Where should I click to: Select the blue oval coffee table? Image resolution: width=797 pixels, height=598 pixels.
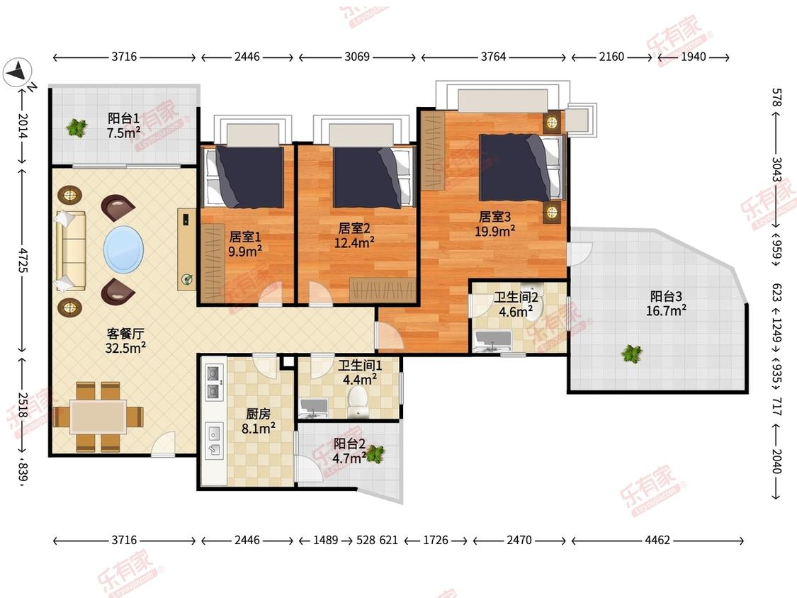(123, 249)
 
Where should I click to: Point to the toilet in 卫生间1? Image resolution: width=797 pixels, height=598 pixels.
(358, 399)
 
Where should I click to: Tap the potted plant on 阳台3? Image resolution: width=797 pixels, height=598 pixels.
(631, 353)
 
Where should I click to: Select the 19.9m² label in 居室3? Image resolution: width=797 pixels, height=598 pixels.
(495, 232)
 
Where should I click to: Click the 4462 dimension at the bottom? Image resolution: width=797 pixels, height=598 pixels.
(657, 540)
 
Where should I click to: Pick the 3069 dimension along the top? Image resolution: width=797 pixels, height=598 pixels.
(357, 57)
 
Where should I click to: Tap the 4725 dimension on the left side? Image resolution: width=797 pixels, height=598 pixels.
(23, 259)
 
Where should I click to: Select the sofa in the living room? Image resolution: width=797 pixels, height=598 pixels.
(71, 250)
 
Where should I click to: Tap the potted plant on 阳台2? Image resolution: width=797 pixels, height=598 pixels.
(375, 453)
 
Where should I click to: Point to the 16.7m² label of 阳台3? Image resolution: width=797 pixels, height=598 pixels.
(666, 311)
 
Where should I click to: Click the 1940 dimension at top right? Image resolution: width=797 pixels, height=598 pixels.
(694, 57)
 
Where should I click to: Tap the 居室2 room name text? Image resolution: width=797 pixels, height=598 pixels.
(354, 228)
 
